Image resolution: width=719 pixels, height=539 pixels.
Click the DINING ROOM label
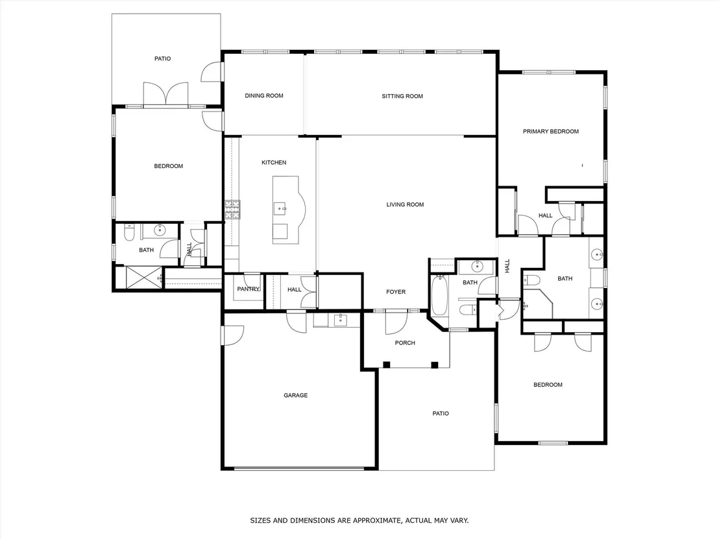(263, 96)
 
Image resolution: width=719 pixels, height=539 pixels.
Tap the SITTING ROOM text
(402, 96)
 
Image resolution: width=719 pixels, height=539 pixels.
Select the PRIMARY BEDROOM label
(551, 132)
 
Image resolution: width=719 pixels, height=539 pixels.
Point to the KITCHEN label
(274, 163)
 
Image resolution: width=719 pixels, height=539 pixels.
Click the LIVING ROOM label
(405, 205)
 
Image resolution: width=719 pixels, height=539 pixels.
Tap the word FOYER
(396, 292)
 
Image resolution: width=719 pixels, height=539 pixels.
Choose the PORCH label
(405, 343)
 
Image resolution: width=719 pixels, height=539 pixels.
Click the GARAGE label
(295, 395)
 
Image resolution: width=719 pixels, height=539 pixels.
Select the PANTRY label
(248, 289)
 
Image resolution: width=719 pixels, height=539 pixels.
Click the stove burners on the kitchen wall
(232, 210)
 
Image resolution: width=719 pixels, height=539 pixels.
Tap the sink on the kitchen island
(280, 209)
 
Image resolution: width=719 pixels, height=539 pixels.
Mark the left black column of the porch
(387, 365)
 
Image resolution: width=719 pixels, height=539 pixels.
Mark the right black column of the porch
(435, 365)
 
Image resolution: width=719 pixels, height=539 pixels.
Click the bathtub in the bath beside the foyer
(439, 295)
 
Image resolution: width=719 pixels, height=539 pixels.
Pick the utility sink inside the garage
(340, 320)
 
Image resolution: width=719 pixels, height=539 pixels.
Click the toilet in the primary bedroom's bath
(531, 279)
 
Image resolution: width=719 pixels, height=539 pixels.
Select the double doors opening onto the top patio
(165, 94)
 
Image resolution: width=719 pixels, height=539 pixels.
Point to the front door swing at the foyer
(396, 322)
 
